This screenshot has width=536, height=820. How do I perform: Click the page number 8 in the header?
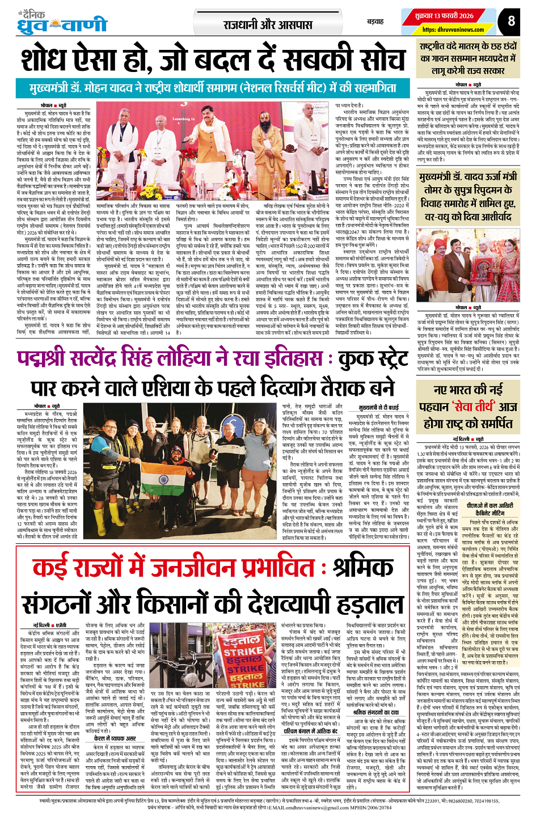(x=511, y=20)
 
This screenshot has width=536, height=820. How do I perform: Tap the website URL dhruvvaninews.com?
(x=453, y=29)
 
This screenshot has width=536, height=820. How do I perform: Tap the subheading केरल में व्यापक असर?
(x=115, y=738)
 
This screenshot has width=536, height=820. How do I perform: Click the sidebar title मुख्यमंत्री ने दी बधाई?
(x=379, y=407)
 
